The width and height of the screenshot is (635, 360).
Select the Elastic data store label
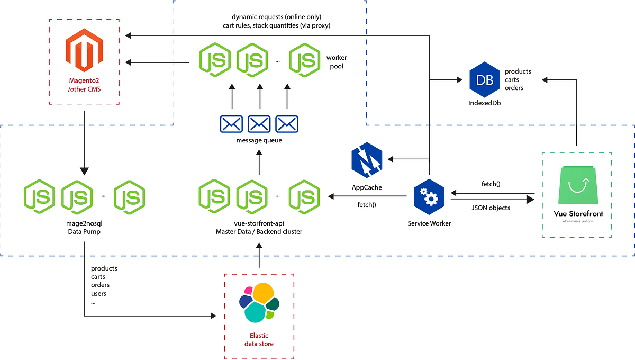coord(259,340)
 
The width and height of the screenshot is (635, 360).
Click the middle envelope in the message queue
coord(259,124)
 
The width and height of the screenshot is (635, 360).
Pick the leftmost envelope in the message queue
coord(231,124)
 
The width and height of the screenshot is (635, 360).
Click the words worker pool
coord(337,61)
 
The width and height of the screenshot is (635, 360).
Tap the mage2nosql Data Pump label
coord(84,228)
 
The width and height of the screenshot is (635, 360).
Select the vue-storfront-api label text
coord(259,224)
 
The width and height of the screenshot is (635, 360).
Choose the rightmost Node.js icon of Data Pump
coord(129,197)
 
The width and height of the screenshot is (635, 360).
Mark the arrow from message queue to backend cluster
coord(259,162)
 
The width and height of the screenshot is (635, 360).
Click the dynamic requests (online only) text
coord(269,16)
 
